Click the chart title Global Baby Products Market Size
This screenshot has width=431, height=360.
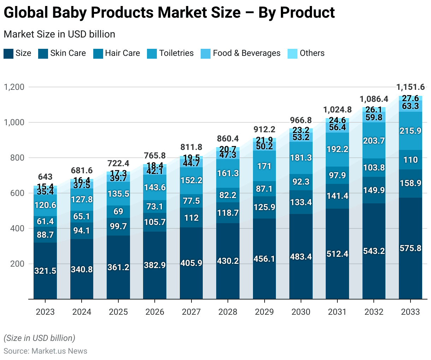pyautogui.click(x=169, y=13)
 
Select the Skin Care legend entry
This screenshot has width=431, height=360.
pyautogui.click(x=62, y=53)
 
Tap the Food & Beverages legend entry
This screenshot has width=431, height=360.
pyautogui.click(x=241, y=53)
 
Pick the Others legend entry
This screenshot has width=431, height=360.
pyautogui.click(x=306, y=53)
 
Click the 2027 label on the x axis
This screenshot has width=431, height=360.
pyautogui.click(x=191, y=312)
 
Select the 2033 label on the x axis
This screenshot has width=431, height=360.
pyautogui.click(x=410, y=312)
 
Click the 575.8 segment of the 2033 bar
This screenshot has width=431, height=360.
pyautogui.click(x=411, y=248)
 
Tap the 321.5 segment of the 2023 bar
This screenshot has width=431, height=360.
pyautogui.click(x=45, y=271)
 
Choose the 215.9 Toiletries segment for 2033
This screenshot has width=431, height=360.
pyautogui.click(x=411, y=131)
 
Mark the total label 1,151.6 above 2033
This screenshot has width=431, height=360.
pyautogui.click(x=411, y=87)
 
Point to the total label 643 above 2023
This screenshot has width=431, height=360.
pyautogui.click(x=45, y=177)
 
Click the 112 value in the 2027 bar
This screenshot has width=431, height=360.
pyautogui.click(x=191, y=218)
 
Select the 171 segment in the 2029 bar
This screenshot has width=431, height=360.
pyautogui.click(x=264, y=166)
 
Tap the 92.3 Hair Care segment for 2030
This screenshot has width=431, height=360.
pyautogui.click(x=301, y=182)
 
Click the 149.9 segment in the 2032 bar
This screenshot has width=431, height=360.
pyautogui.click(x=374, y=190)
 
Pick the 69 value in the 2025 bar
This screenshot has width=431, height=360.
pyautogui.click(x=118, y=211)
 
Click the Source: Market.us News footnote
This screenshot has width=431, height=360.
pyautogui.click(x=45, y=351)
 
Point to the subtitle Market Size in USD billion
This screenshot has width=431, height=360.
pyautogui.click(x=59, y=34)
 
